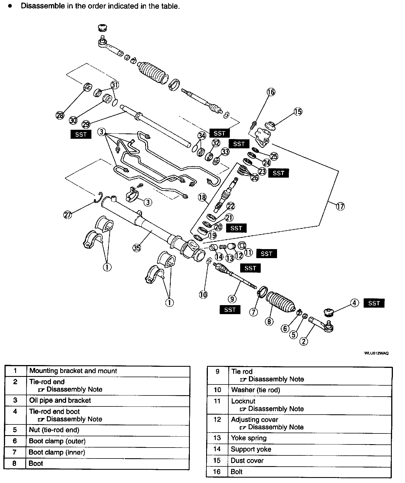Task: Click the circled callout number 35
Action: click(137, 248)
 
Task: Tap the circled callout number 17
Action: click(340, 206)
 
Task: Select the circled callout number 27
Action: click(68, 215)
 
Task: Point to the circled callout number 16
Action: click(271, 92)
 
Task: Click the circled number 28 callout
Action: click(60, 115)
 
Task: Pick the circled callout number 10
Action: click(203, 295)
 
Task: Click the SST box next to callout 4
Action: click(374, 303)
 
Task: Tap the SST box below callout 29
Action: click(81, 134)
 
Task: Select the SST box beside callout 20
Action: click(236, 228)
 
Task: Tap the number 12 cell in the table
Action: click(217, 420)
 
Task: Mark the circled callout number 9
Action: click(232, 299)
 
